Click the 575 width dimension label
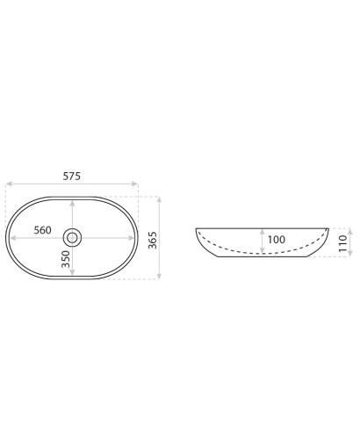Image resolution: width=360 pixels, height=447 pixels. (x=72, y=177)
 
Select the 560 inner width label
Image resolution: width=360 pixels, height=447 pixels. (x=42, y=230)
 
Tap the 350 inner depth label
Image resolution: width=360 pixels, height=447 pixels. (x=67, y=259)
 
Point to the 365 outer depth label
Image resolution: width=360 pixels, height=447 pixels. (x=153, y=241)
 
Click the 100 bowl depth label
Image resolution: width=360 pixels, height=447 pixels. (x=277, y=240)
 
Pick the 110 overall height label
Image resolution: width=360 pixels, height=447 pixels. (x=342, y=243)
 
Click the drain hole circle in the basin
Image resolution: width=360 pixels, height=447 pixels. (x=72, y=237)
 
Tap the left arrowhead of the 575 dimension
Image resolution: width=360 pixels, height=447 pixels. (x=9, y=184)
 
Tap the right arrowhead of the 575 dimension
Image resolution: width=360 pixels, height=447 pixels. (x=134, y=184)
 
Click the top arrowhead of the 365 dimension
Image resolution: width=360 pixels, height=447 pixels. (x=159, y=200)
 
